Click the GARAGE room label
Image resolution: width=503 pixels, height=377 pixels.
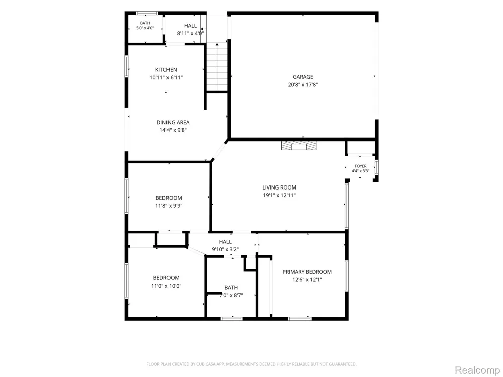pyautogui.click(x=303, y=77)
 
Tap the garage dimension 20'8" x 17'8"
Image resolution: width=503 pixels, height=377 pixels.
pyautogui.click(x=303, y=85)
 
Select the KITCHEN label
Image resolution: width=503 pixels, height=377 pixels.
pyautogui.click(x=166, y=70)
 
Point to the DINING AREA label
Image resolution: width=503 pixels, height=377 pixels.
pyautogui.click(x=173, y=123)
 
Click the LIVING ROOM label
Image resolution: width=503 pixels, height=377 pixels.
pyautogui.click(x=279, y=187)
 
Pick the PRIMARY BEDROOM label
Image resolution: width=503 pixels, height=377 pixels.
pyautogui.click(x=307, y=272)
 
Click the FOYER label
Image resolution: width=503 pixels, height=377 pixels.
pyautogui.click(x=361, y=166)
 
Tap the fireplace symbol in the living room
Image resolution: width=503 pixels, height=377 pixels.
pyautogui.click(x=299, y=146)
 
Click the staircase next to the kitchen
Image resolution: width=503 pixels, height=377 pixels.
pyautogui.click(x=217, y=67)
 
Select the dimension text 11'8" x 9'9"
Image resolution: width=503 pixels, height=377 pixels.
pyautogui.click(x=169, y=206)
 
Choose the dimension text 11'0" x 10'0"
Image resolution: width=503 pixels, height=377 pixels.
pyautogui.click(x=166, y=286)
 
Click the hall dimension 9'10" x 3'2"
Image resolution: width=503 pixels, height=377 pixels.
pyautogui.click(x=225, y=249)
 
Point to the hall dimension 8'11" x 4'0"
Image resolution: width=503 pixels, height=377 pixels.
pyautogui.click(x=190, y=33)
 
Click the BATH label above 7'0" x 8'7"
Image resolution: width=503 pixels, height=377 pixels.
pyautogui.click(x=231, y=288)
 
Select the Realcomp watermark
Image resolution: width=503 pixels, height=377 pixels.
pyautogui.click(x=477, y=370)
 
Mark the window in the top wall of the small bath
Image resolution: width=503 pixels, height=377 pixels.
pyautogui.click(x=147, y=13)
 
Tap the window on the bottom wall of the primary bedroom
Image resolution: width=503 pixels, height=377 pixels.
pyautogui.click(x=300, y=319)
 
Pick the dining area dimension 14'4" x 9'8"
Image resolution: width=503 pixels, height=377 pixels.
pyautogui.click(x=173, y=130)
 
